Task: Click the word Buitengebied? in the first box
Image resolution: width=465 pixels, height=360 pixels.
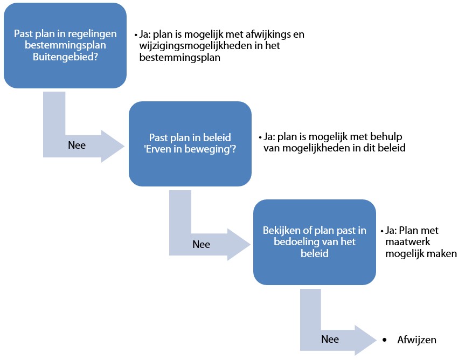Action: pos(65,57)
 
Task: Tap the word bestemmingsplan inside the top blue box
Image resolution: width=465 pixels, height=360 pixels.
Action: pos(65,45)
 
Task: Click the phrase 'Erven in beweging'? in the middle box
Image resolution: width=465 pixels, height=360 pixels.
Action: pos(190,149)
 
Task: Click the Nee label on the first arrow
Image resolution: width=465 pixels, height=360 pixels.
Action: pos(77,146)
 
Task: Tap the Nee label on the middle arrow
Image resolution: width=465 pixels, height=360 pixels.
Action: pos(202,244)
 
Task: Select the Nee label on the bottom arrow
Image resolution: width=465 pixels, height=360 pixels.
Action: pos(330,339)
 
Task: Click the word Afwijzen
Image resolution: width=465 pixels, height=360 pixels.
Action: pos(417,340)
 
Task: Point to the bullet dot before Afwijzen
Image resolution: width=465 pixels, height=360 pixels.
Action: pos(385,340)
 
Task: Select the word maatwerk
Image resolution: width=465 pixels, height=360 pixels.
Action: pos(408,241)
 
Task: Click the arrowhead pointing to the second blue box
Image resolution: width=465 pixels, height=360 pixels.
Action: pos(113,146)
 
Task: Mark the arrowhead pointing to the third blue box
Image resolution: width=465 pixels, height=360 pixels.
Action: pos(239,245)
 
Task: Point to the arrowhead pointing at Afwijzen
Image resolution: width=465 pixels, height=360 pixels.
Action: pos(366,340)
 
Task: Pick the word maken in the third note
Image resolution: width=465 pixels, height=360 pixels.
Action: pos(443,254)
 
